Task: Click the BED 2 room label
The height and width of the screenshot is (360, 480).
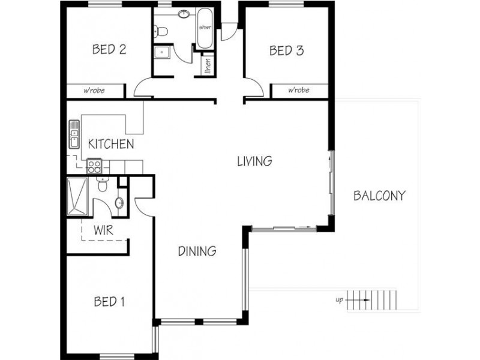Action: [109, 50]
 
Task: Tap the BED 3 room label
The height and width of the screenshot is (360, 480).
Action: [286, 50]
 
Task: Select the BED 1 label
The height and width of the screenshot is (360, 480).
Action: [109, 302]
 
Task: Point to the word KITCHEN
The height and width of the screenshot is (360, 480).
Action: [110, 144]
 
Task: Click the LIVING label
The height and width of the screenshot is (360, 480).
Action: [254, 161]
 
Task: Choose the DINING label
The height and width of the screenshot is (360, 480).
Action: [197, 251]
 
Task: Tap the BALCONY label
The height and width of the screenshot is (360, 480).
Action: [379, 196]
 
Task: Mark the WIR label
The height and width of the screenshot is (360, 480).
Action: [104, 230]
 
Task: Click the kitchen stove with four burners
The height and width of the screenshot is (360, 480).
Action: [95, 165]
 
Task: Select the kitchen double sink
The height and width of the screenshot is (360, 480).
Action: [74, 134]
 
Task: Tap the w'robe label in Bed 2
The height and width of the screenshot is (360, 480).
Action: [95, 91]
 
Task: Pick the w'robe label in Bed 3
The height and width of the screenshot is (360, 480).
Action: [298, 91]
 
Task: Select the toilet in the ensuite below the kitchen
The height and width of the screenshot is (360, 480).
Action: [103, 186]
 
